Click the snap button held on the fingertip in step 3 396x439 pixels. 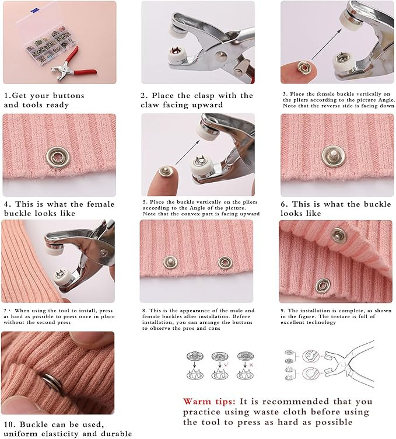point(303,67)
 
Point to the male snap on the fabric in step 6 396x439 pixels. point(333,156)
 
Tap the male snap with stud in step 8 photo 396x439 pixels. point(170,262)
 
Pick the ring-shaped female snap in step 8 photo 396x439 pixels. point(225,263)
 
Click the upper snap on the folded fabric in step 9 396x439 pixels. point(338,235)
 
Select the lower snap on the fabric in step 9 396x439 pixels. point(323,285)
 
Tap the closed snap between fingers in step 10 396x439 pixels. point(52,383)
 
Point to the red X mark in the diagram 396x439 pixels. point(251,365)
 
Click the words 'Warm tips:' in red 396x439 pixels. point(209,402)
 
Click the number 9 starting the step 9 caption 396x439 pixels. point(282,311)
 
